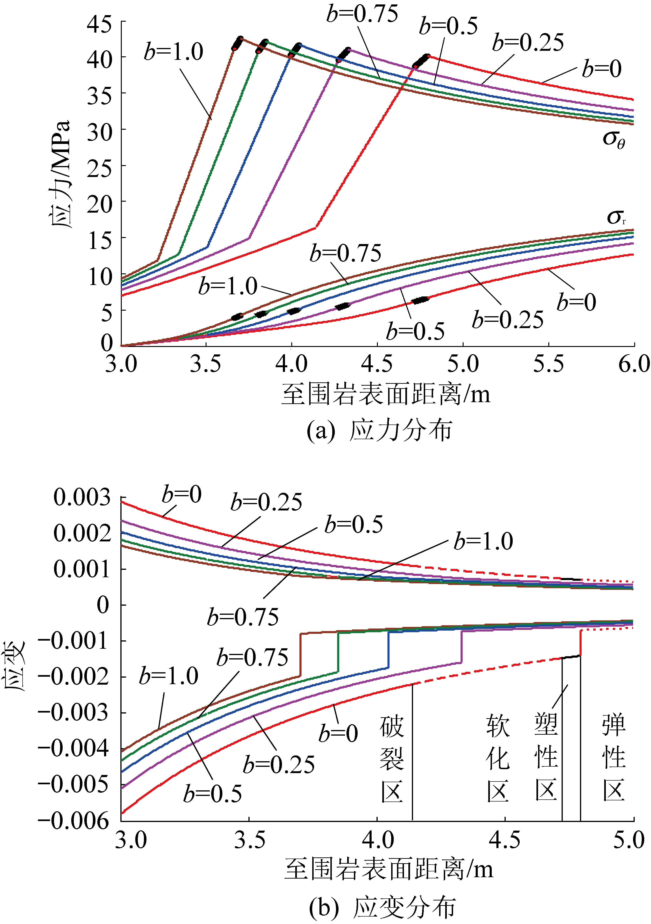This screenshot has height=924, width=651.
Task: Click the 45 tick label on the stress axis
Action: coord(99,25)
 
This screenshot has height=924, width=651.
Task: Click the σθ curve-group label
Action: coord(614,139)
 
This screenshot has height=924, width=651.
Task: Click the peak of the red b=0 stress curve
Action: coord(428,56)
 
